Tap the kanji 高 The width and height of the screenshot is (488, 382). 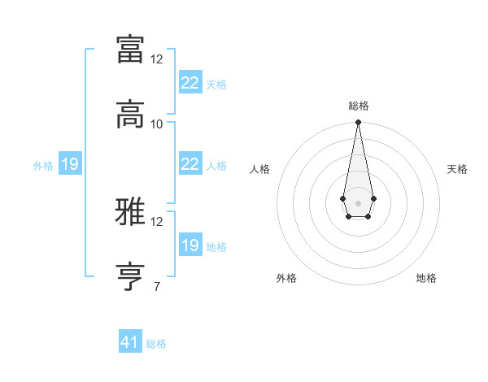pos(131,115)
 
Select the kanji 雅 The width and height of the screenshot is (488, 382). pos(131,213)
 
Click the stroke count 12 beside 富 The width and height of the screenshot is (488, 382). pos(157,59)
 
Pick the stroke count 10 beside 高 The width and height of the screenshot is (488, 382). pos(157,124)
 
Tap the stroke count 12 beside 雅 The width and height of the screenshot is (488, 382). pos(157,221)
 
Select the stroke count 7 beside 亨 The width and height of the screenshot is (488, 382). pos(156,286)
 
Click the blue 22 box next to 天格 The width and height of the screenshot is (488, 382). pos(190,83)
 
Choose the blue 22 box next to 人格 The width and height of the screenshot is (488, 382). pos(190,164)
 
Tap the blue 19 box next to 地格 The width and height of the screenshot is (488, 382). pos(190,245)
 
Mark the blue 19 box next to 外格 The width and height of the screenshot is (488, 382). pos(70,165)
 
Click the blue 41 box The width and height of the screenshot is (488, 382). pos(130,342)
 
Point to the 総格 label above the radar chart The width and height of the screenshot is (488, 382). pos(359,106)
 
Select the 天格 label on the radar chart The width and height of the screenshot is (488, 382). pos(457,169)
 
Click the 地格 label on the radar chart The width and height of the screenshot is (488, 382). pos(426,278)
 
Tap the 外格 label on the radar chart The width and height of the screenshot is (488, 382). pos(286,278)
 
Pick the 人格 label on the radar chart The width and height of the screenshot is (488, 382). pos(259,169)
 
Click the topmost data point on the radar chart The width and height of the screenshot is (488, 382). pos(358,122)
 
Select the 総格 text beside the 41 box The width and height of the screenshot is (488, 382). pos(156,344)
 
